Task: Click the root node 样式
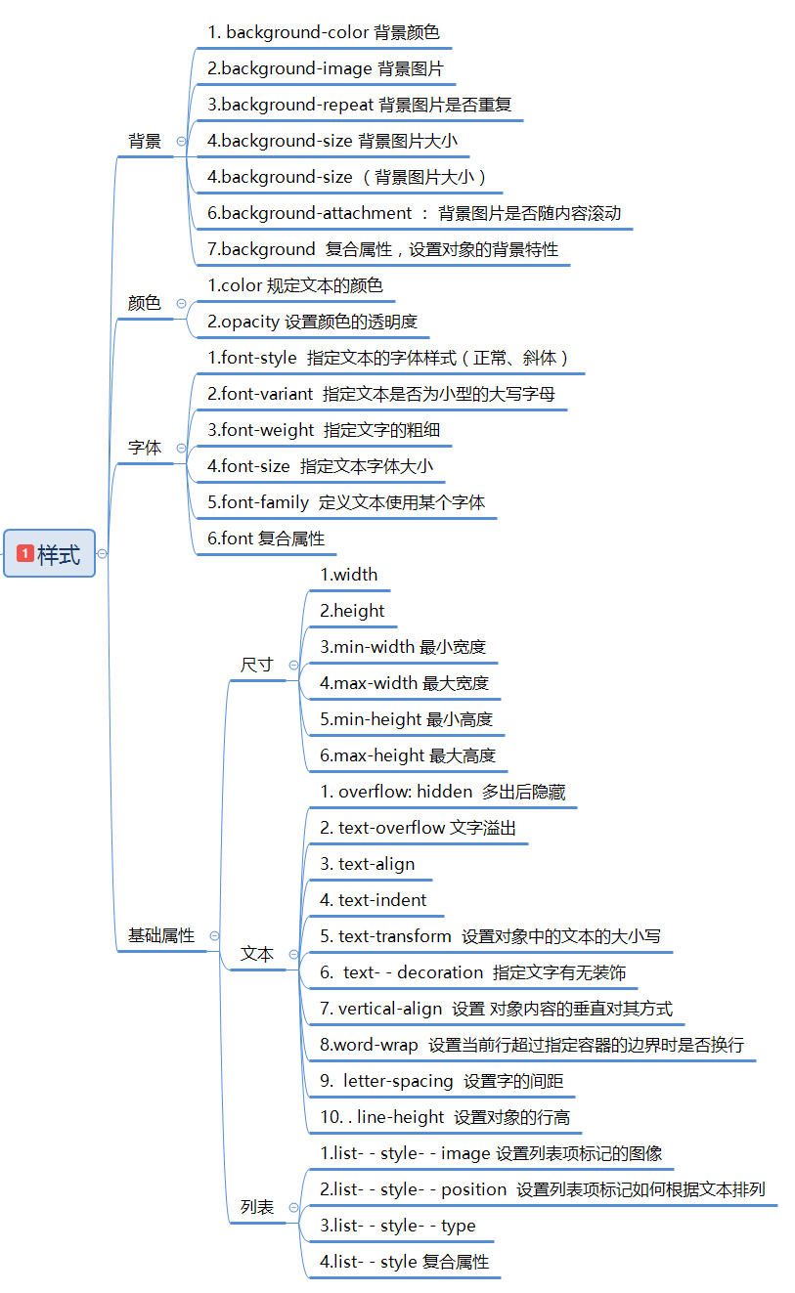pyautogui.click(x=50, y=553)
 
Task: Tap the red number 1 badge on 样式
pyautogui.click(x=25, y=554)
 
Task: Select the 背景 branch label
pyautogui.click(x=145, y=141)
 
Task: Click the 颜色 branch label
pyautogui.click(x=145, y=303)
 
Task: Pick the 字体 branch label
pyautogui.click(x=145, y=448)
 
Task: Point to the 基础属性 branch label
pyautogui.click(x=161, y=935)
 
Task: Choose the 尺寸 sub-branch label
pyautogui.click(x=257, y=665)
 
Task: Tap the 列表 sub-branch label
pyautogui.click(x=257, y=1207)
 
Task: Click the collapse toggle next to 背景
pyautogui.click(x=181, y=141)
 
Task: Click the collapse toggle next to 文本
pyautogui.click(x=293, y=954)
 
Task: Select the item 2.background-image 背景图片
pyautogui.click(x=326, y=68)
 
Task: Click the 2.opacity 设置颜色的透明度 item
pyautogui.click(x=313, y=322)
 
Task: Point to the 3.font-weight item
pyautogui.click(x=317, y=430)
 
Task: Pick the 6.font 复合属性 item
pyautogui.click(x=266, y=539)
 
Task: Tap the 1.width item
pyautogui.click(x=349, y=575)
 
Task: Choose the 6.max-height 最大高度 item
pyautogui.click(x=408, y=755)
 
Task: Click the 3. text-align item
pyautogui.click(x=368, y=864)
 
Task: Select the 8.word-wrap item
pyautogui.click(x=532, y=1045)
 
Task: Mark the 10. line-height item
pyautogui.click(x=445, y=1117)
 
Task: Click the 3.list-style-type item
pyautogui.click(x=398, y=1226)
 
